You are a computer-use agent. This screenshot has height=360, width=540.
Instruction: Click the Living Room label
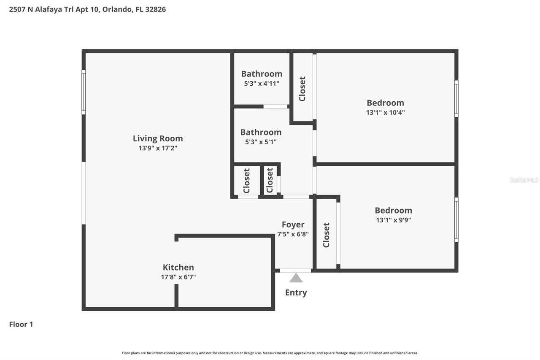pos(158,138)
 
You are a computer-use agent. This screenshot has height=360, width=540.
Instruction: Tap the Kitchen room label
pos(178,267)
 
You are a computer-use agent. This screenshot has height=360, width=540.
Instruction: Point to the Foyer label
pos(293,225)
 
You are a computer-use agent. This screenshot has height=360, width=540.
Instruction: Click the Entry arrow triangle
pos(296,278)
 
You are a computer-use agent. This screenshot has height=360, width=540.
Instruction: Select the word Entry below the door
pos(296,292)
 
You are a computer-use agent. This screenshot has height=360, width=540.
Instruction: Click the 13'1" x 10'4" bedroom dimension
pos(385,113)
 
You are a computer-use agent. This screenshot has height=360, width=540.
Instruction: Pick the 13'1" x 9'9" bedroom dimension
pos(393,220)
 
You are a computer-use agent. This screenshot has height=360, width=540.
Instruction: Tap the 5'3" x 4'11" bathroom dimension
pos(262,84)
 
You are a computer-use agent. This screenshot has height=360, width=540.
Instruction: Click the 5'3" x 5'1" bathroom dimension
pos(261,142)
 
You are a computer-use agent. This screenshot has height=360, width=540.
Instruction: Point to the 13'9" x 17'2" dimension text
pos(158,148)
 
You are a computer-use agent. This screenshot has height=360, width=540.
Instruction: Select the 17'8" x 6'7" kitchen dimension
pos(178,277)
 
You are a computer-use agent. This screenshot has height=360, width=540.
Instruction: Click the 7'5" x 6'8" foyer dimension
pos(293,234)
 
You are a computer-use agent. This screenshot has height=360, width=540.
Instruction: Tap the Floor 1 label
pos(21,324)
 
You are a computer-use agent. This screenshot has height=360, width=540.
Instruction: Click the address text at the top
pos(87,9)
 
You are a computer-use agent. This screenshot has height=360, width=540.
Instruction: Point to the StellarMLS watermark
pos(524,180)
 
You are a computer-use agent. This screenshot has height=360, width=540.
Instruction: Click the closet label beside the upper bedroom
pos(302,89)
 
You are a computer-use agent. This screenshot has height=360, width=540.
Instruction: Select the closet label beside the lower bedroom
pos(326,235)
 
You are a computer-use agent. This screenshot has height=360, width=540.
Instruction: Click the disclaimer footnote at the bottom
pos(270,353)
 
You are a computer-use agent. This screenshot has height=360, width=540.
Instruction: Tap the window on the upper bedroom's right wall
pos(456,98)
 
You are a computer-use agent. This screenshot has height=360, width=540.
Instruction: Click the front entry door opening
pos(295,271)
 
